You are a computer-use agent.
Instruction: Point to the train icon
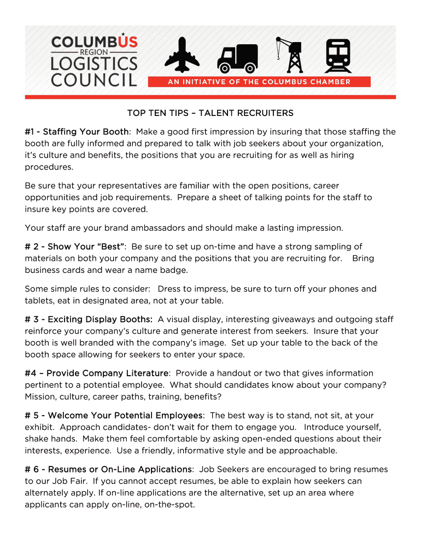[x=337, y=56]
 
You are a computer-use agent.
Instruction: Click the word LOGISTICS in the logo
[x=93, y=63]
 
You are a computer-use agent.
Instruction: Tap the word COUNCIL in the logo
[x=93, y=80]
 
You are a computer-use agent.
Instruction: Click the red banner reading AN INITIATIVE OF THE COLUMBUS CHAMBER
[x=259, y=82]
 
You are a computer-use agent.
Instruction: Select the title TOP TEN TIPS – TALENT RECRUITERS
[x=210, y=113]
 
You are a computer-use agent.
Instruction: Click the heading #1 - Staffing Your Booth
[x=77, y=132]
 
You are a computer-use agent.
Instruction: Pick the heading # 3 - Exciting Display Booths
[x=88, y=319]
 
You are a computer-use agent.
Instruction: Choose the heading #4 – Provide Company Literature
[x=96, y=373]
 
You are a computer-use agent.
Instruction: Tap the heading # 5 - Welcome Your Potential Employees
[x=114, y=416]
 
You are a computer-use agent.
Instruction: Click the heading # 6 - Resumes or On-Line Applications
[x=108, y=469]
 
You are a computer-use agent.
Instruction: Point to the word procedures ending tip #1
[x=49, y=167]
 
